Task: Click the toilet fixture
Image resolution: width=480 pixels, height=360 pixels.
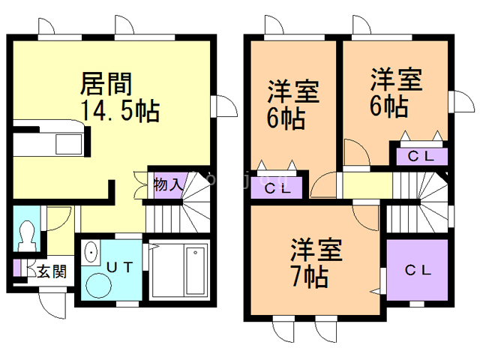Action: [28, 235]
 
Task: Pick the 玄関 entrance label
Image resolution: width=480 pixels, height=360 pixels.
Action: [51, 271]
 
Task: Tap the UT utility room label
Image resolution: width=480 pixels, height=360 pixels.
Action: [121, 266]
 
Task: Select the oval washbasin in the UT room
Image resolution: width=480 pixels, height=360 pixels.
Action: [90, 253]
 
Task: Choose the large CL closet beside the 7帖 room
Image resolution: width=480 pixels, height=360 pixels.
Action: [417, 270]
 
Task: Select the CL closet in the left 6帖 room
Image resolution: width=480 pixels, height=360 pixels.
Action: [277, 187]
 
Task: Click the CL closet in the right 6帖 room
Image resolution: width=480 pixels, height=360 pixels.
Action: [418, 156]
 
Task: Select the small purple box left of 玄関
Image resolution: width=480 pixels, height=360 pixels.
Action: [17, 268]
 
